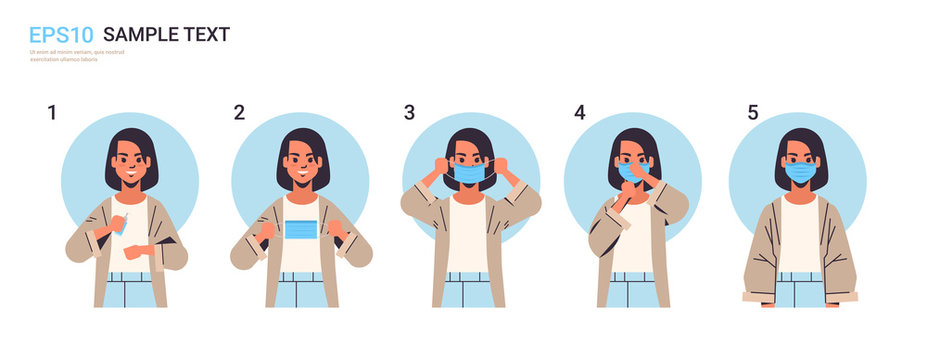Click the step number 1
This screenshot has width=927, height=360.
coord(52,112)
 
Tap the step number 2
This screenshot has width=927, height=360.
coord(239,112)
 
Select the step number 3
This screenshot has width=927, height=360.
coord(409,112)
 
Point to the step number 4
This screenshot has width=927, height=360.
coord(579,112)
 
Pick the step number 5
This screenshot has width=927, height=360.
coord(752,112)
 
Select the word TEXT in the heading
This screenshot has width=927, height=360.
coord(206,35)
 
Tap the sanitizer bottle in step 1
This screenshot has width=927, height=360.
coord(122,225)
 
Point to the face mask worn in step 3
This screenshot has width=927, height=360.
coord(469,173)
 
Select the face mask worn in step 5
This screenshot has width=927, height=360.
coord(800,172)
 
